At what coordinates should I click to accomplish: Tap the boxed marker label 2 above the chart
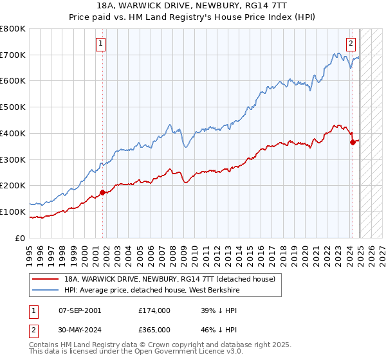pyautogui.click(x=351, y=44)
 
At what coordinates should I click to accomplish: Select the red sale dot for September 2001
pyautogui.click(x=102, y=192)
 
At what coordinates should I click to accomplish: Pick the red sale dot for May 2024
pyautogui.click(x=353, y=142)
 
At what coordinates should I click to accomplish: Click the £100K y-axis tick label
pyautogui.click(x=14, y=212)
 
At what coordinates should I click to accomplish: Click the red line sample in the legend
pyautogui.click(x=46, y=279)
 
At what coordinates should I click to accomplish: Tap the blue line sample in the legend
pyautogui.click(x=46, y=290)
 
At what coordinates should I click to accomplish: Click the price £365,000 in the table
pyautogui.click(x=154, y=328)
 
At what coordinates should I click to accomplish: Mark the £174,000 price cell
pyautogui.click(x=154, y=310)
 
